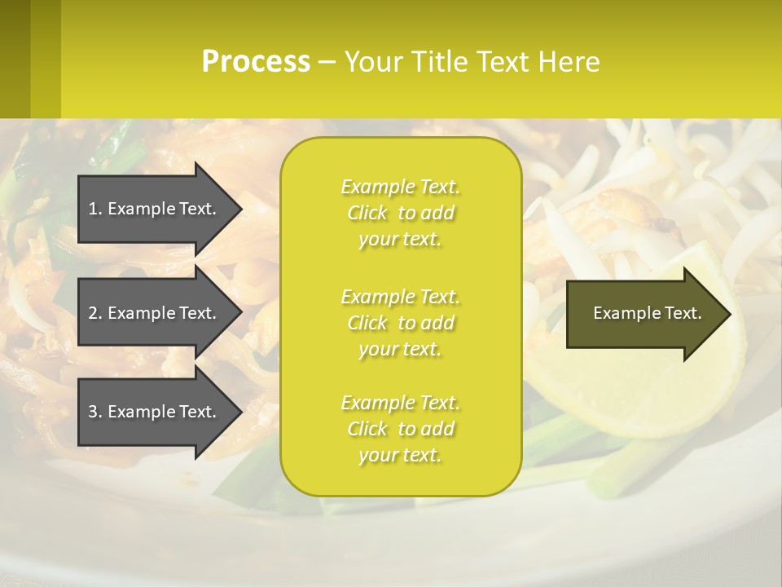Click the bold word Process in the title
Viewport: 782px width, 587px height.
tap(256, 61)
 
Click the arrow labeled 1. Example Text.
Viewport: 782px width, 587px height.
tap(155, 209)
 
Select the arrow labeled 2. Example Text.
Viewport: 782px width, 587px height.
tap(155, 313)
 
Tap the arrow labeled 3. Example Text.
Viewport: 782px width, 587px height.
tap(155, 412)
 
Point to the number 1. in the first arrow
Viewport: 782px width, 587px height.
tap(95, 209)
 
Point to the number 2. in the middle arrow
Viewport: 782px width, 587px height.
tap(95, 313)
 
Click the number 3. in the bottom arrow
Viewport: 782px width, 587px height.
tap(95, 412)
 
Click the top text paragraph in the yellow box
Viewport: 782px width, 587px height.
tap(400, 213)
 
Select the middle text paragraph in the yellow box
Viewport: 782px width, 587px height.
tap(400, 323)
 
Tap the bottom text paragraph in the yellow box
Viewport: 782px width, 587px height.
tap(400, 429)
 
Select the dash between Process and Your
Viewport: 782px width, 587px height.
tap(327, 62)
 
